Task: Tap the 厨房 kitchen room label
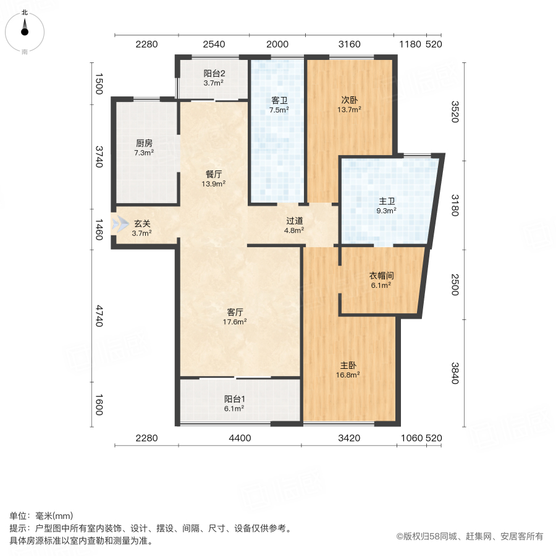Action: coord(145,147)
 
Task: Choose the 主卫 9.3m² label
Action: coord(387,205)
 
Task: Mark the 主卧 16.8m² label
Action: coord(349,369)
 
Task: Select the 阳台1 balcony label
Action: coord(234,403)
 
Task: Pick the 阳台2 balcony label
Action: coord(213,77)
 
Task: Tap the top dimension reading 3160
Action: coord(350,44)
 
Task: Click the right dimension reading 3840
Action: coord(455,373)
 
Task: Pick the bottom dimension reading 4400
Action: coord(240,439)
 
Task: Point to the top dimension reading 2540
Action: coord(213,44)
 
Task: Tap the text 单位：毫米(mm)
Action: coord(41,516)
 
